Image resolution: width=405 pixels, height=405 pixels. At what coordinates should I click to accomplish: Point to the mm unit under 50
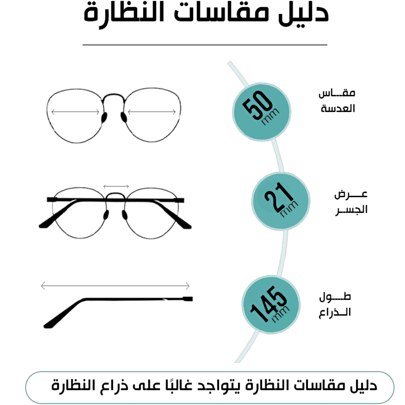tap(270, 117)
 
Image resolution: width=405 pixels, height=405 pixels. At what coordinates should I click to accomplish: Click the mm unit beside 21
tap(289, 209)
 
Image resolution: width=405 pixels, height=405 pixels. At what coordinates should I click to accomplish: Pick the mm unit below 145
tap(281, 314)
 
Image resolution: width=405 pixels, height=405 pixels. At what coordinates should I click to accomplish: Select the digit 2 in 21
tap(273, 200)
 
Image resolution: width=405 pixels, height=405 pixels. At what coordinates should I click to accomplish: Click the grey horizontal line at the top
tap(205, 45)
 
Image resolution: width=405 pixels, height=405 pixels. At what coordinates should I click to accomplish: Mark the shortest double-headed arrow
tap(116, 186)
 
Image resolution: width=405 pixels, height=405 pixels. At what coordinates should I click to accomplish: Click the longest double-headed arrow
tap(115, 286)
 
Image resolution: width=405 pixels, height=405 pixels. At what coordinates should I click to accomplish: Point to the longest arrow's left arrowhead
tap(42, 286)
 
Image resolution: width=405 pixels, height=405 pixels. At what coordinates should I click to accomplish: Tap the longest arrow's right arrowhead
tap(188, 286)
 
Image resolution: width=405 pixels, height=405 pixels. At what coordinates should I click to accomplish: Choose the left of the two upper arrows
tap(75, 112)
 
